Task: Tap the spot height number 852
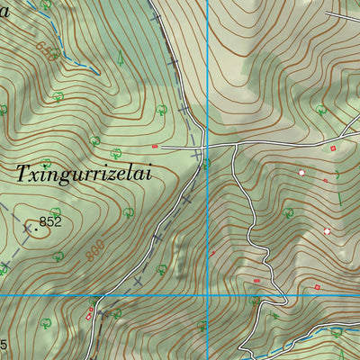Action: click(x=50, y=221)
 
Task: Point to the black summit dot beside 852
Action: click(x=35, y=229)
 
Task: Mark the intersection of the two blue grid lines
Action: click(x=208, y=294)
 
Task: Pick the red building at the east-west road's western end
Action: click(x=155, y=146)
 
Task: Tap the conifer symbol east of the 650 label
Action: click(x=120, y=60)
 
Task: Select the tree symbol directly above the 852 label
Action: click(x=47, y=164)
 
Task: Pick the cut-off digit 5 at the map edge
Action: click(x=4, y=345)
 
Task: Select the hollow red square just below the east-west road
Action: click(x=332, y=148)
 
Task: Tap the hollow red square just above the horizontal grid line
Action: click(x=317, y=288)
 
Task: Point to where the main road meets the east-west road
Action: click(x=204, y=146)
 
